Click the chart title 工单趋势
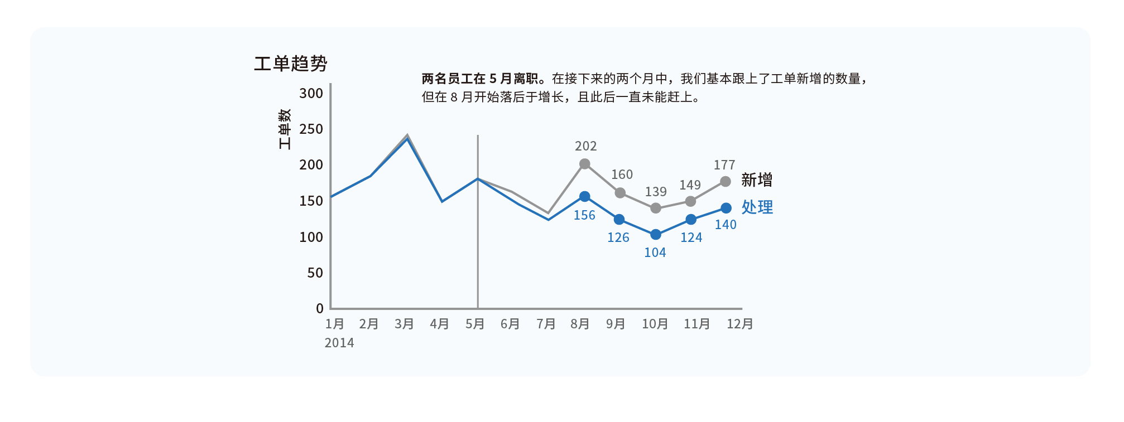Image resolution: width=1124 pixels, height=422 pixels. (x=290, y=64)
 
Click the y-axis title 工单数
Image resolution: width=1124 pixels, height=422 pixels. (x=285, y=129)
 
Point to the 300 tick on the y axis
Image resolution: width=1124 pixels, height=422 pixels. (x=311, y=93)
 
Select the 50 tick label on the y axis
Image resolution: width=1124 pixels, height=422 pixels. (x=315, y=273)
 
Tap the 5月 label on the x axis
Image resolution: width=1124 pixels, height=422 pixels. (x=475, y=324)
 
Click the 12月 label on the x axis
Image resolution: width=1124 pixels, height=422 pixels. (x=739, y=324)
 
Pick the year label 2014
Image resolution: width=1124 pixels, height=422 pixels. (x=339, y=343)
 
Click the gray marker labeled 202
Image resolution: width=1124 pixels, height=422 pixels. (x=584, y=164)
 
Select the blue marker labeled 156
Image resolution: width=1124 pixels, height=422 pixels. (x=584, y=197)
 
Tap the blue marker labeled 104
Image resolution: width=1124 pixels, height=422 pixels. (x=656, y=235)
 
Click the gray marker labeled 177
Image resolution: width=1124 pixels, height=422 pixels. (x=726, y=182)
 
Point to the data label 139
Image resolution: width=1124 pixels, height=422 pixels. (x=656, y=192)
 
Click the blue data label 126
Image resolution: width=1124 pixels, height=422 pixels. (x=618, y=237)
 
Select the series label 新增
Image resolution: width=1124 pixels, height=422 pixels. (x=757, y=180)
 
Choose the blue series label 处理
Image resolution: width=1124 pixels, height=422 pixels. (x=757, y=207)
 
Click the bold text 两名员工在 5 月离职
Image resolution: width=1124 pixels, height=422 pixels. (x=480, y=79)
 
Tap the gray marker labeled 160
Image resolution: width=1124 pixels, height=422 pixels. (x=620, y=193)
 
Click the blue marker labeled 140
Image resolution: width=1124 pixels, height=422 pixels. (x=726, y=208)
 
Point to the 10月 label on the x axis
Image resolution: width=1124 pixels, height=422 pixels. (x=655, y=324)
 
